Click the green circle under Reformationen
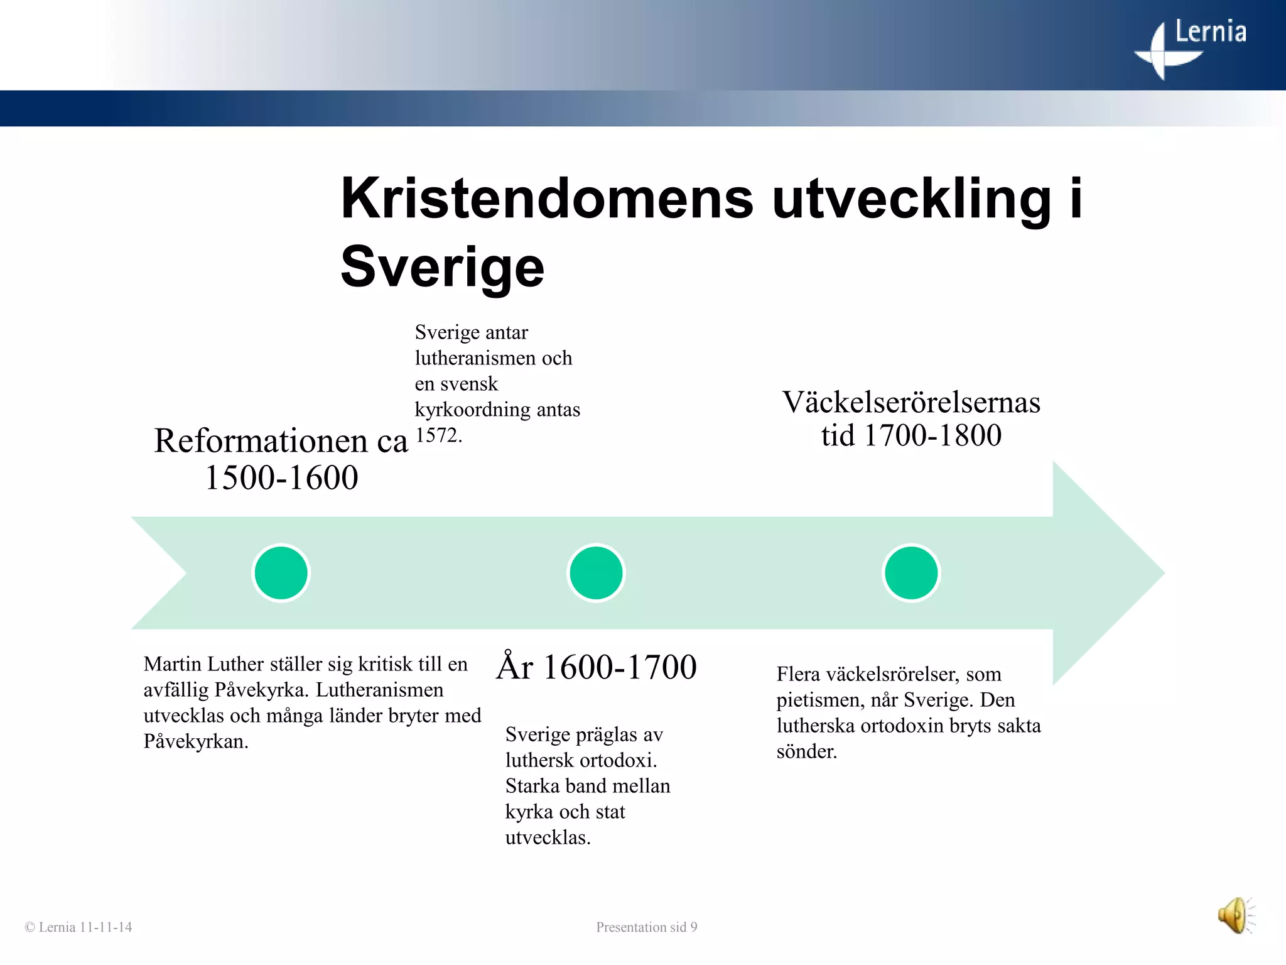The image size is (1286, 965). pos(281,573)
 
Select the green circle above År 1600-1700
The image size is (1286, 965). pos(596,573)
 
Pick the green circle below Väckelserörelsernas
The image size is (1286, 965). pos(910,573)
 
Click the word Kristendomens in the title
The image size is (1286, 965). pos(546,199)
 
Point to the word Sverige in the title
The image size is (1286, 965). pos(442,267)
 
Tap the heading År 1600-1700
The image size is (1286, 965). pos(597,667)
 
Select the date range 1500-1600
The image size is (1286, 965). pos(281,477)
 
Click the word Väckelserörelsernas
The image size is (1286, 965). pos(910,402)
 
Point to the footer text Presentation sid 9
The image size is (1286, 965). pos(646,927)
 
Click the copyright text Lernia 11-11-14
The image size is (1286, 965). pos(78,927)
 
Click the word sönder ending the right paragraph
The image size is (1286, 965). pos(805,751)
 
